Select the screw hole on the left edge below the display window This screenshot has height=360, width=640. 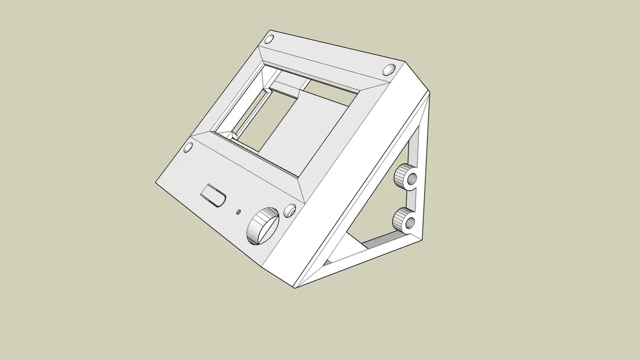point(187,149)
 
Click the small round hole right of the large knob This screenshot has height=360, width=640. point(290,211)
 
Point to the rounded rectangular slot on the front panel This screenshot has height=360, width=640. point(213,195)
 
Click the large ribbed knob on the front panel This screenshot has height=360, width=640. point(263,226)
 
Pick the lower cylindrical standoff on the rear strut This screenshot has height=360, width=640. point(406,220)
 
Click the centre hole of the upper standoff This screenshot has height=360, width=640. point(411,178)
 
